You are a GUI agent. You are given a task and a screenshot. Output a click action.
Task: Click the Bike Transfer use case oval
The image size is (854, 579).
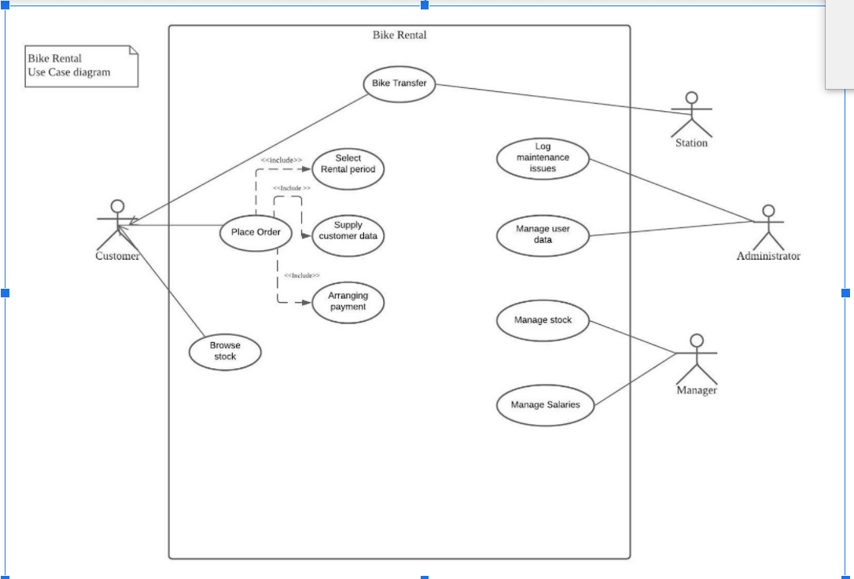pos(399,83)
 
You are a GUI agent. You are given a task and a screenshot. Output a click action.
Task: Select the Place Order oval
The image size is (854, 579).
pos(256,232)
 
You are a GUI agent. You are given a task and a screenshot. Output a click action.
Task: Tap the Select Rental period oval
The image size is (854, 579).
pos(348,164)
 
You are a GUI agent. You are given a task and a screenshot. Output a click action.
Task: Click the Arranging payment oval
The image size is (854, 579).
pos(348,301)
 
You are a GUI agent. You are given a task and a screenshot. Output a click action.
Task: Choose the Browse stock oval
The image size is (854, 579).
pos(225,351)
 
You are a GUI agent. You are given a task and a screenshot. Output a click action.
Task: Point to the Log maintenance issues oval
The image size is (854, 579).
pos(543,157)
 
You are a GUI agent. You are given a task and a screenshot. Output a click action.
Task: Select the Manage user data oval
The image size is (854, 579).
pos(543,235)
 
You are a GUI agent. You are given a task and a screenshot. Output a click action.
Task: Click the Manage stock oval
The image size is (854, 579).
pos(543,320)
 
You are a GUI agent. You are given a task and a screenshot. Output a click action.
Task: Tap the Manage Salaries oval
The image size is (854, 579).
pos(545,405)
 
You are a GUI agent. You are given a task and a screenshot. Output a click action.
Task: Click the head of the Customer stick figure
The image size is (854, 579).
pos(117,206)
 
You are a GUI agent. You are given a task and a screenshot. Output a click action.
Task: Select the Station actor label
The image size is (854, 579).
pos(691,143)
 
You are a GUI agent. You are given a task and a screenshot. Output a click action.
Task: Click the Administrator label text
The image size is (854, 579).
pos(768,256)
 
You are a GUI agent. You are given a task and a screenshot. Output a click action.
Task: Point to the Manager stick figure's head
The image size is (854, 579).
pos(696,340)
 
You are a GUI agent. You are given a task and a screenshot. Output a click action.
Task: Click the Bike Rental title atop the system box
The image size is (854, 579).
pos(399,35)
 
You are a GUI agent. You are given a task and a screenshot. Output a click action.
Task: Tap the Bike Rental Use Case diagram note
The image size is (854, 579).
pos(81,66)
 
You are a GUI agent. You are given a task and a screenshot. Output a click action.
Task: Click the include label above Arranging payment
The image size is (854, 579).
pos(302,275)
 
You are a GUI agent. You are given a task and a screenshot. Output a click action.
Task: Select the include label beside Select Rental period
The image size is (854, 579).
pos(282,160)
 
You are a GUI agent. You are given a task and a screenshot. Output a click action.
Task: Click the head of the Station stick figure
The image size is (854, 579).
pos(691,98)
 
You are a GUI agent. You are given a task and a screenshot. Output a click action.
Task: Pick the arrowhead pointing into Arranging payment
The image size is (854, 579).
pos(307,301)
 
